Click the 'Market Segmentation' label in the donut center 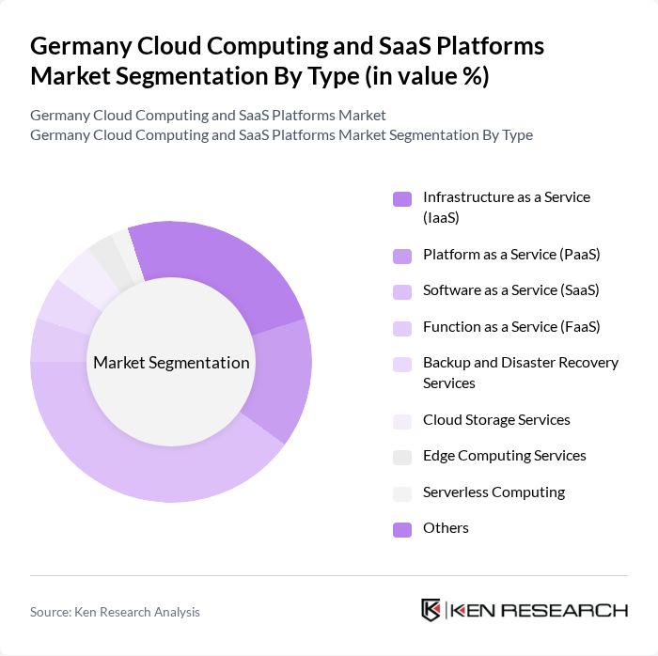(x=171, y=363)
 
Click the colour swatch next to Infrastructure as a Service (x=402, y=198)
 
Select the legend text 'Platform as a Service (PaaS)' (x=511, y=254)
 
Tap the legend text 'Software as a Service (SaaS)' (x=510, y=290)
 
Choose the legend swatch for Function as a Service (x=402, y=328)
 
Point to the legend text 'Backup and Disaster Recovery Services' (x=520, y=372)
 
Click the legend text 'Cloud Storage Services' (x=496, y=419)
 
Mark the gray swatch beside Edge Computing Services (x=402, y=457)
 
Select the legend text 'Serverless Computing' (x=493, y=492)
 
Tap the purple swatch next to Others (x=402, y=529)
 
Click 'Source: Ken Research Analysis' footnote (x=115, y=612)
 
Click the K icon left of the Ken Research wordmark (x=431, y=610)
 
